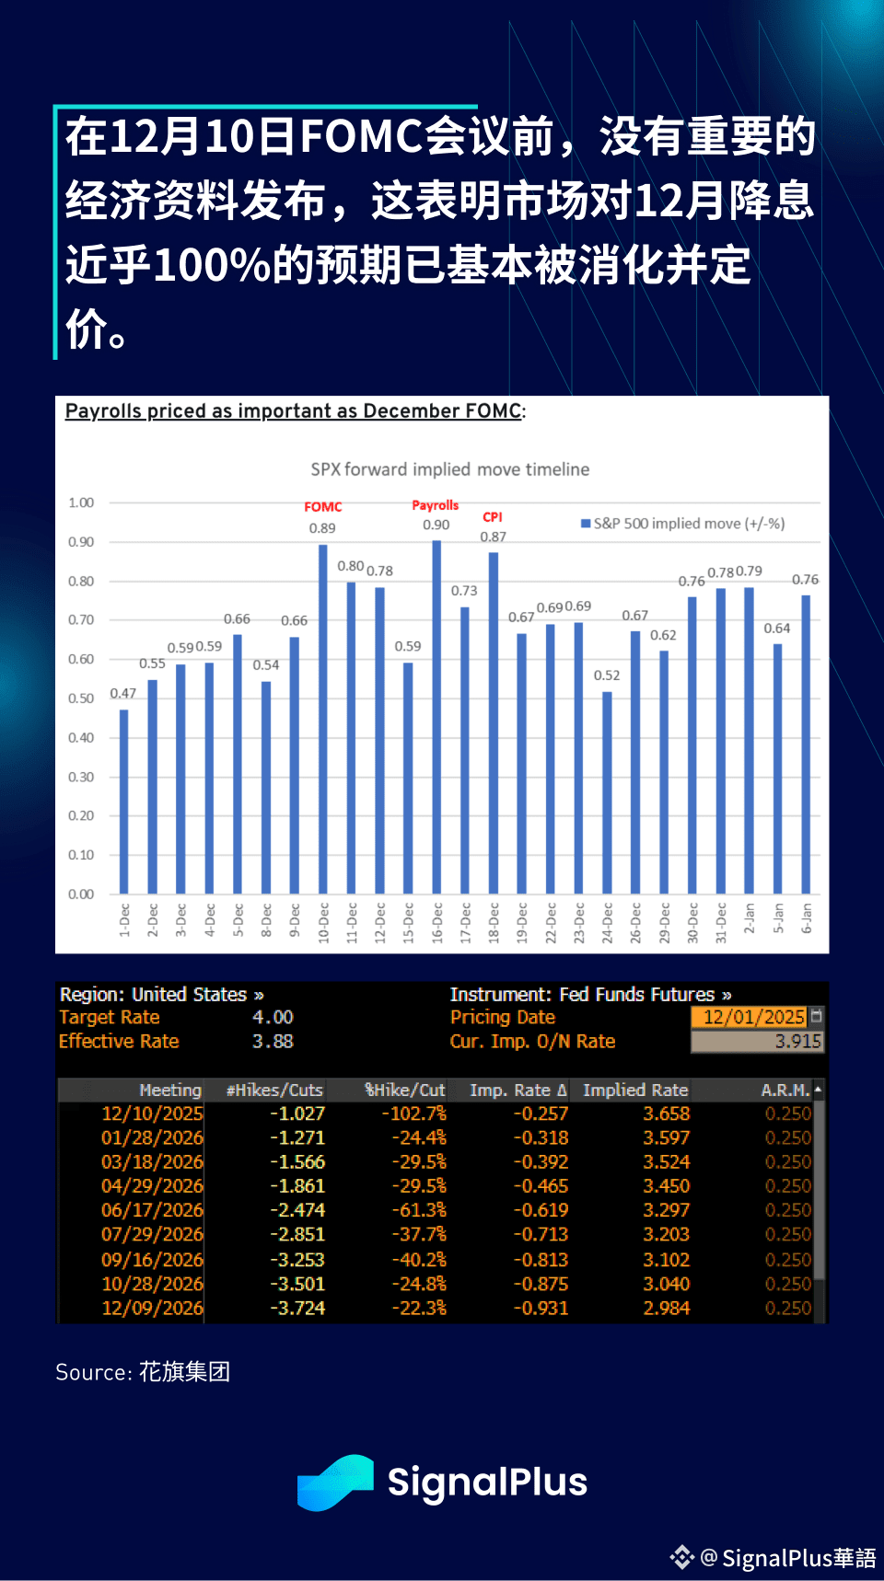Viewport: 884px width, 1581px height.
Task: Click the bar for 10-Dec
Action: [x=323, y=718]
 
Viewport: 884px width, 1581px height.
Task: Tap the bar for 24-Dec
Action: [x=607, y=791]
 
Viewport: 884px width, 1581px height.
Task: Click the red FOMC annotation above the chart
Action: [x=322, y=507]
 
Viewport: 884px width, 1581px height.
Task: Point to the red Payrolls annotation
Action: [x=435, y=505]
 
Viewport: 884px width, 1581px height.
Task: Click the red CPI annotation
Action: [x=493, y=517]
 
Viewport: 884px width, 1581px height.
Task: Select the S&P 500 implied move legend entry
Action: [x=682, y=524]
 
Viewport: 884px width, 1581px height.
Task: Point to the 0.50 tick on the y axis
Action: [x=81, y=698]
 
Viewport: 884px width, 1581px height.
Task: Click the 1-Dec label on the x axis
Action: [x=124, y=919]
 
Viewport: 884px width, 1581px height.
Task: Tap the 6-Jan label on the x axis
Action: [x=807, y=917]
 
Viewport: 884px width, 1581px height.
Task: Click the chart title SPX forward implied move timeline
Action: [x=449, y=469]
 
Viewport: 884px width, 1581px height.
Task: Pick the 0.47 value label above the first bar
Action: [x=122, y=693]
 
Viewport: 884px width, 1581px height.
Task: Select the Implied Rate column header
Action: [x=635, y=1091]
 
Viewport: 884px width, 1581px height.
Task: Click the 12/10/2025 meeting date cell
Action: [x=152, y=1114]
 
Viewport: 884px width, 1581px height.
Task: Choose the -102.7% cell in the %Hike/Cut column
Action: [x=413, y=1114]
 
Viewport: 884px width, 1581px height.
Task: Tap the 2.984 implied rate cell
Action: [x=666, y=1308]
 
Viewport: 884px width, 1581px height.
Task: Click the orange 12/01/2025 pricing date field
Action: [x=753, y=1017]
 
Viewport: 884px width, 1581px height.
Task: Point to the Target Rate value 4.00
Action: [x=273, y=1017]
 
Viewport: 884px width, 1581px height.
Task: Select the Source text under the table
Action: [x=143, y=1372]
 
